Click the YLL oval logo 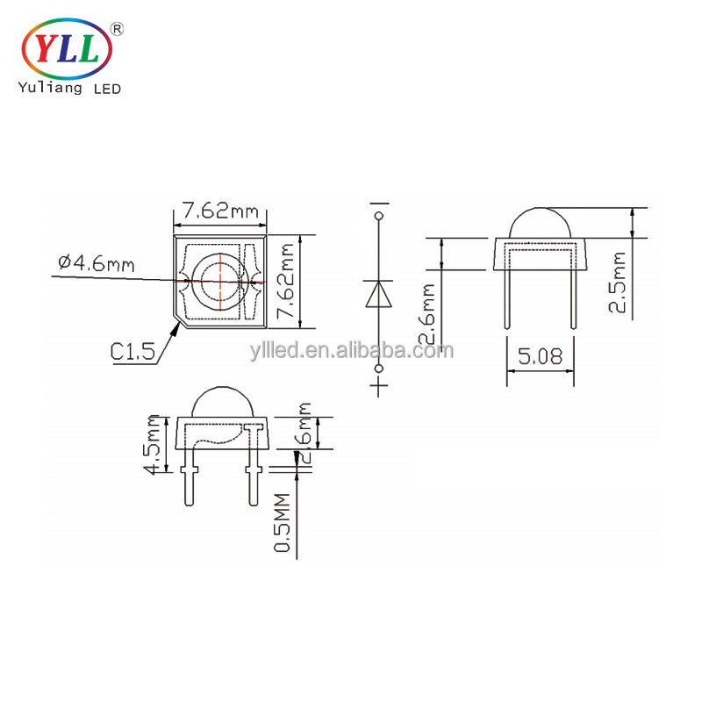pyautogui.click(x=67, y=49)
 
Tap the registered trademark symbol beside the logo pyautogui.click(x=117, y=30)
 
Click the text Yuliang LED pyautogui.click(x=69, y=88)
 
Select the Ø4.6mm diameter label pyautogui.click(x=97, y=263)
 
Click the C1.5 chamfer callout pyautogui.click(x=133, y=352)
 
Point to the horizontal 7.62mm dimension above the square pyautogui.click(x=220, y=211)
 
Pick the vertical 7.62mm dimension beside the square pyautogui.click(x=286, y=281)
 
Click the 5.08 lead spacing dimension pyautogui.click(x=540, y=357)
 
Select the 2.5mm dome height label pyautogui.click(x=617, y=282)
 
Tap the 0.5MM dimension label pyautogui.click(x=282, y=522)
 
